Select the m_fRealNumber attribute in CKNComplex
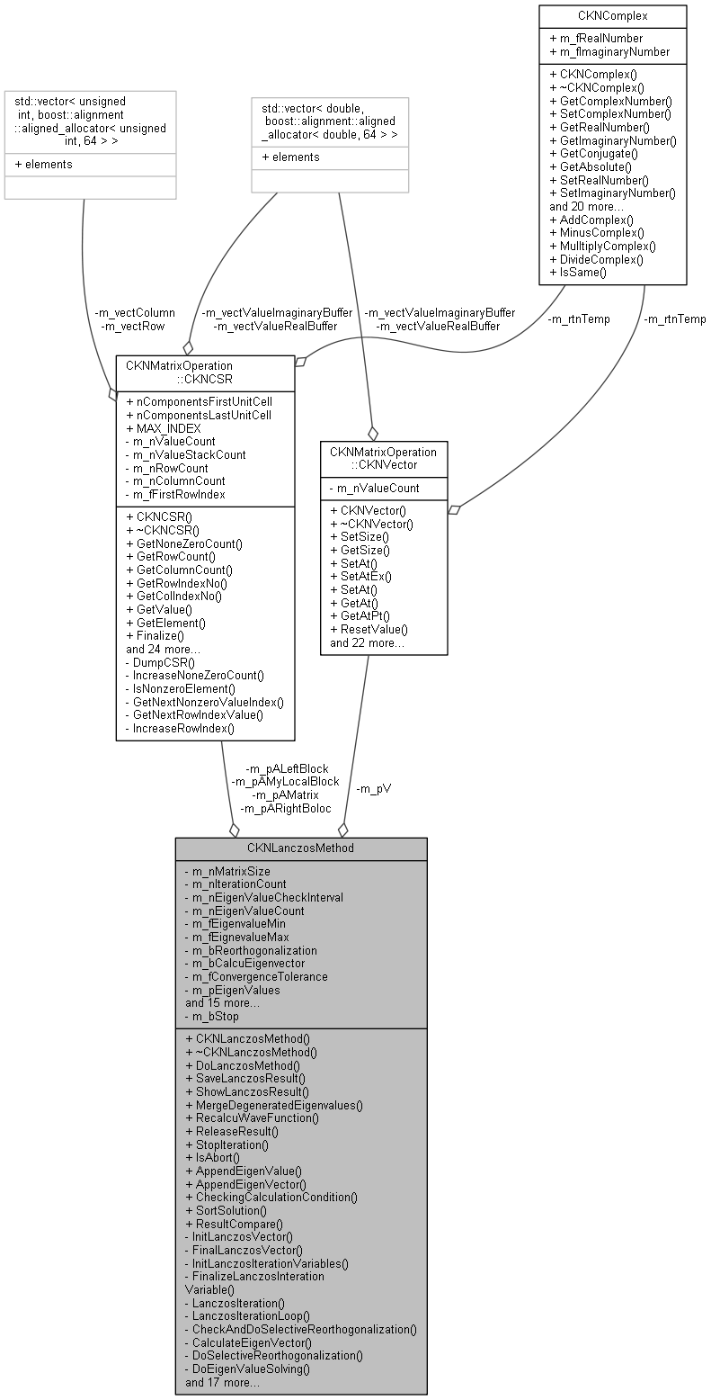click(x=598, y=38)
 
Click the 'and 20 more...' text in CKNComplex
click(x=586, y=206)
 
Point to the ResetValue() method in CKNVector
click(x=369, y=629)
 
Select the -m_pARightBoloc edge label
click(x=285, y=809)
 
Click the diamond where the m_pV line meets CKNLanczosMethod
click(x=342, y=830)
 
